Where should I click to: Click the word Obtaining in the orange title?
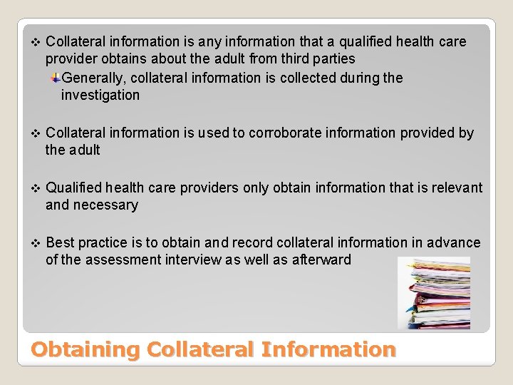[85, 349]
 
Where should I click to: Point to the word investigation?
[100, 95]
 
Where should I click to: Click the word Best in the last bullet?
[60, 242]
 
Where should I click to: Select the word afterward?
[321, 260]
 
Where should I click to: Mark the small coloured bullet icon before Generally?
[55, 78]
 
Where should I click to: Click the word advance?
[456, 242]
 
